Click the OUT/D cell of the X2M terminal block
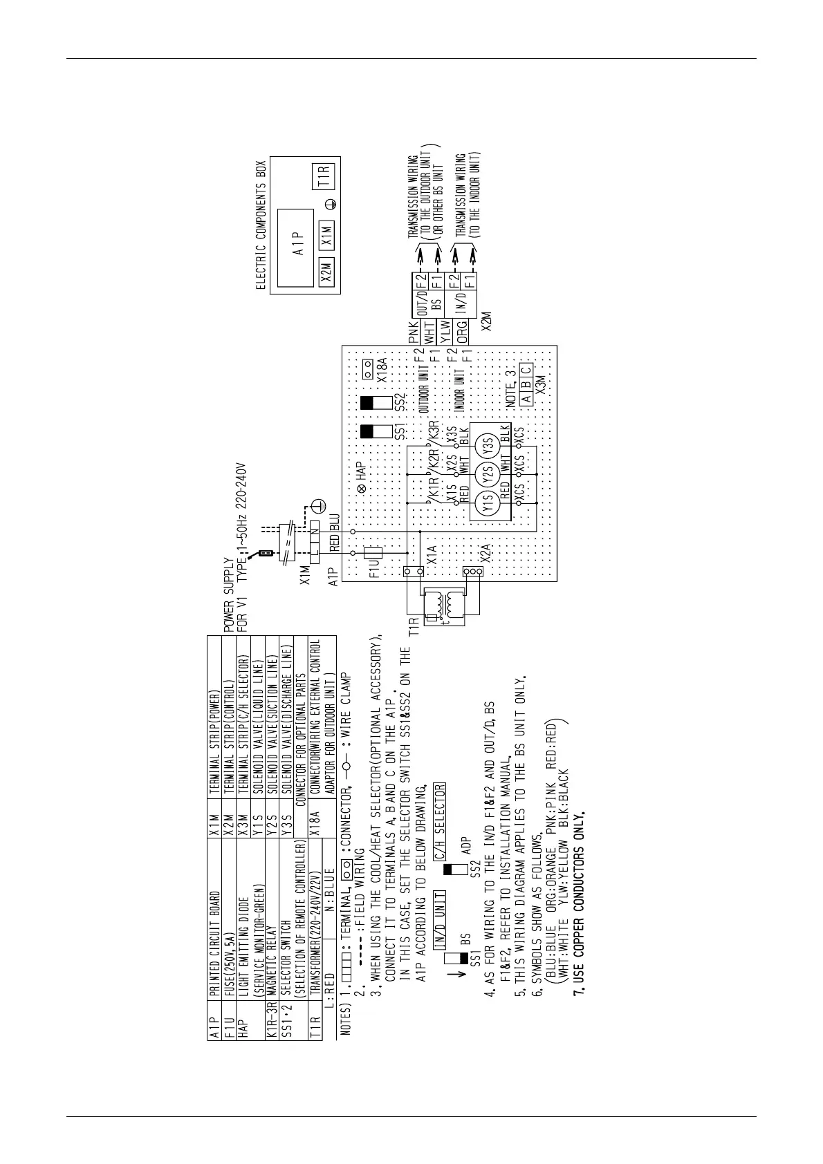point(420,300)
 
